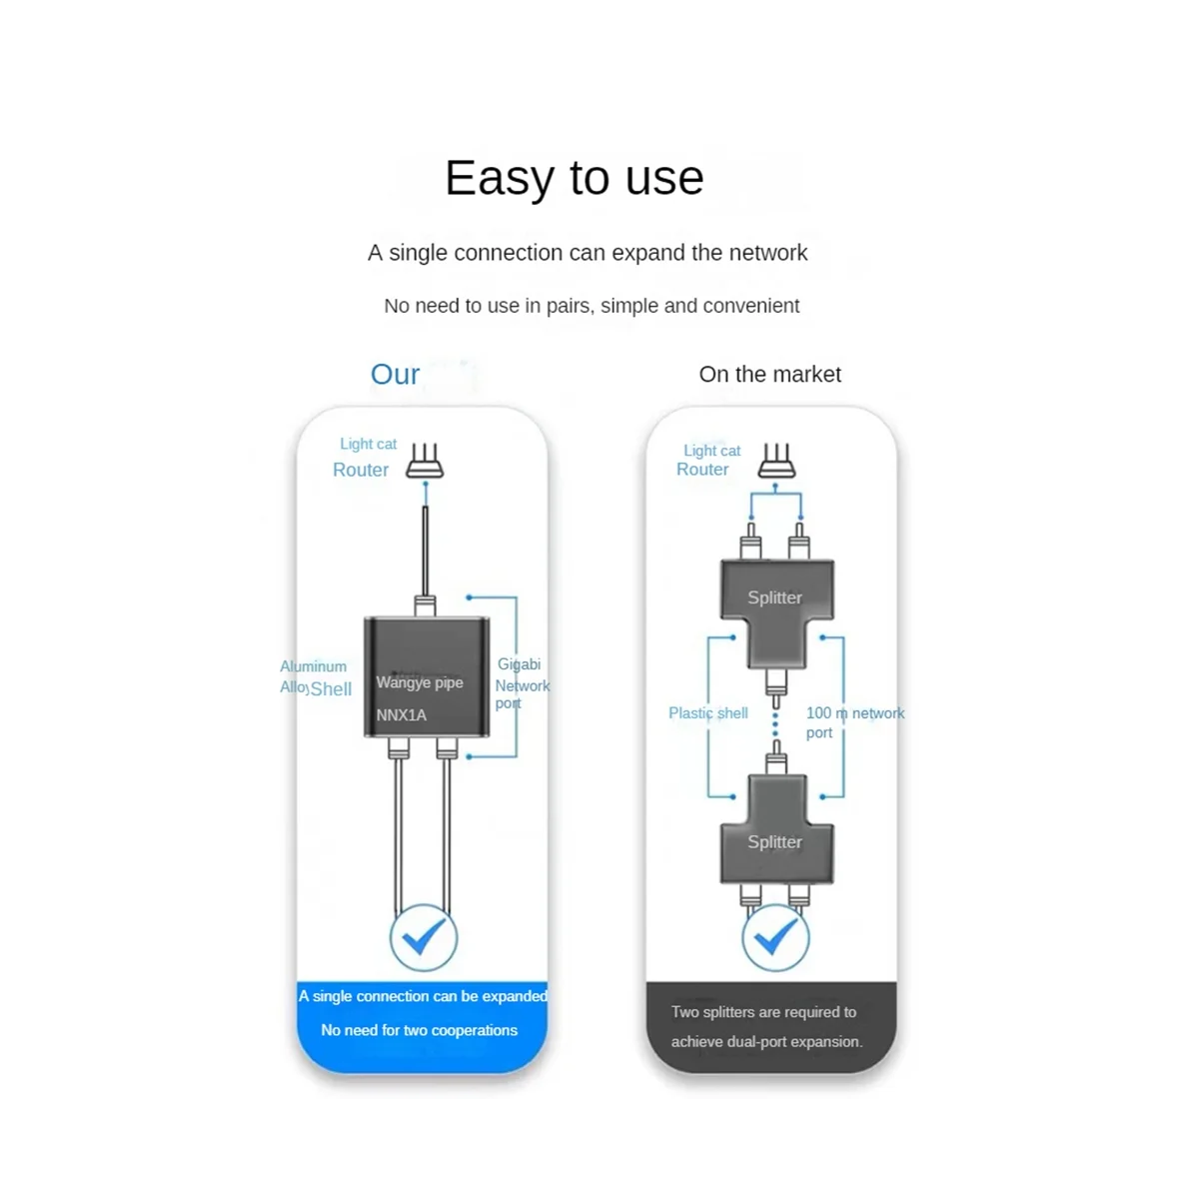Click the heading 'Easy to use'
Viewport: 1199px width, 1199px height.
point(575,178)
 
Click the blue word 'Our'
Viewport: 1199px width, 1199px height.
point(395,375)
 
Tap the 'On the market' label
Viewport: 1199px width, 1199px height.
point(769,375)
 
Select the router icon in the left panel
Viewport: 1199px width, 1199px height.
point(426,464)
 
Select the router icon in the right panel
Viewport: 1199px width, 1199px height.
point(776,462)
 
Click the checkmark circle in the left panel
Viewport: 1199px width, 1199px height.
point(424,938)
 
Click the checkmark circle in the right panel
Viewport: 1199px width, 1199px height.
point(775,938)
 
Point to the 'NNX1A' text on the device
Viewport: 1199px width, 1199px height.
point(402,714)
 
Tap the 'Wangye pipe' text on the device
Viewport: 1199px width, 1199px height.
point(420,683)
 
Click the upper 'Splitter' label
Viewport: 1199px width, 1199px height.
point(774,598)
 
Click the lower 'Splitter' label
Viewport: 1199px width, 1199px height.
point(774,841)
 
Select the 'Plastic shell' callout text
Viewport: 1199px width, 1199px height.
point(708,713)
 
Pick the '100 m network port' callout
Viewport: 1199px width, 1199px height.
point(854,721)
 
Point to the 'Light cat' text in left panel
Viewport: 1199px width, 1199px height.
point(368,444)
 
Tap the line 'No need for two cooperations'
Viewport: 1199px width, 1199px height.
point(420,1030)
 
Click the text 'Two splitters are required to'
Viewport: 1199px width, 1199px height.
point(763,1012)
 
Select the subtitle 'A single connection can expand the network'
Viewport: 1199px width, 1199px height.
point(588,253)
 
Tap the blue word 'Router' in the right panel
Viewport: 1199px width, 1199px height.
point(702,470)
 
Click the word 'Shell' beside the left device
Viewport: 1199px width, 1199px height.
point(332,688)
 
